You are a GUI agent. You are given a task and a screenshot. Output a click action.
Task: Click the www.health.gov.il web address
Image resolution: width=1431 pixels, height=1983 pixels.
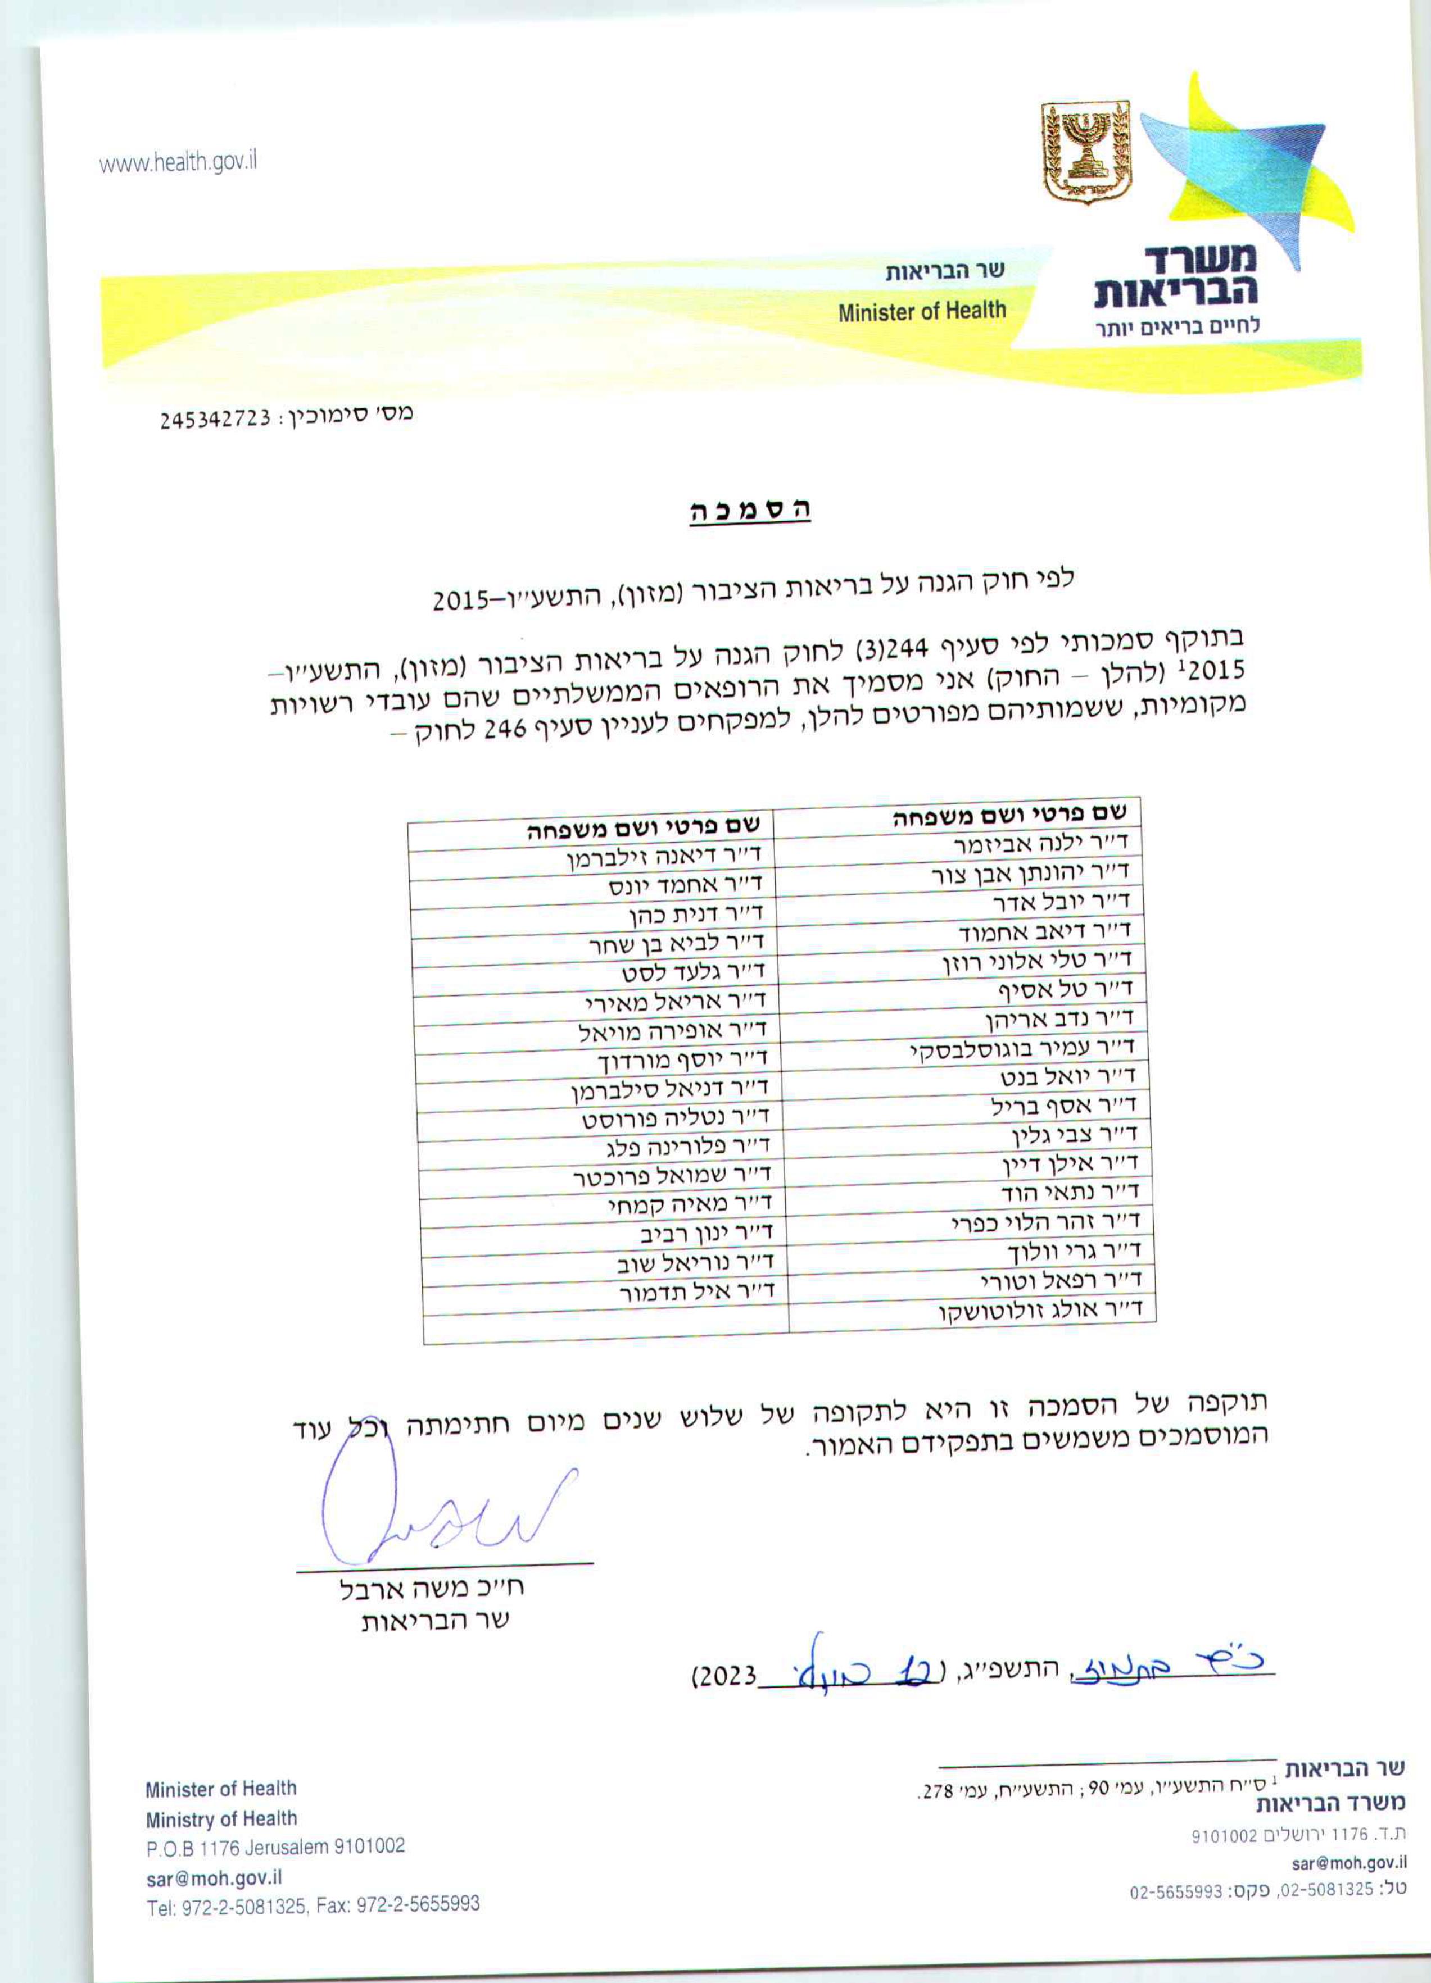178,162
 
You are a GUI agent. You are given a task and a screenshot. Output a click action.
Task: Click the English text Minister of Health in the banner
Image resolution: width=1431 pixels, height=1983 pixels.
922,311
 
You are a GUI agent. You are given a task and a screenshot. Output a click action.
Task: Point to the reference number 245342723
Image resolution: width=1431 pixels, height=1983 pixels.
215,420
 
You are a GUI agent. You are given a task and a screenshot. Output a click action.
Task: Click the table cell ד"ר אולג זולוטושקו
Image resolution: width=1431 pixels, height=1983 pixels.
1041,1311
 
